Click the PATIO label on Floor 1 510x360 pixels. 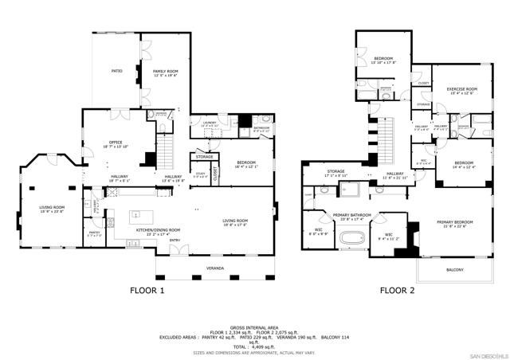116,71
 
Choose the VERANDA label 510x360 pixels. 216,268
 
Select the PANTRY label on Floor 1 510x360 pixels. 94,233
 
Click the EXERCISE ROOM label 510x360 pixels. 461,89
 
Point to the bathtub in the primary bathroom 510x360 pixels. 351,238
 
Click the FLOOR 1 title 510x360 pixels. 147,291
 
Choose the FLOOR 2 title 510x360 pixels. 397,291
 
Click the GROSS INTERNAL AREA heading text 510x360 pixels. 254,327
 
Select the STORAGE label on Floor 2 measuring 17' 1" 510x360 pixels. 335,171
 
